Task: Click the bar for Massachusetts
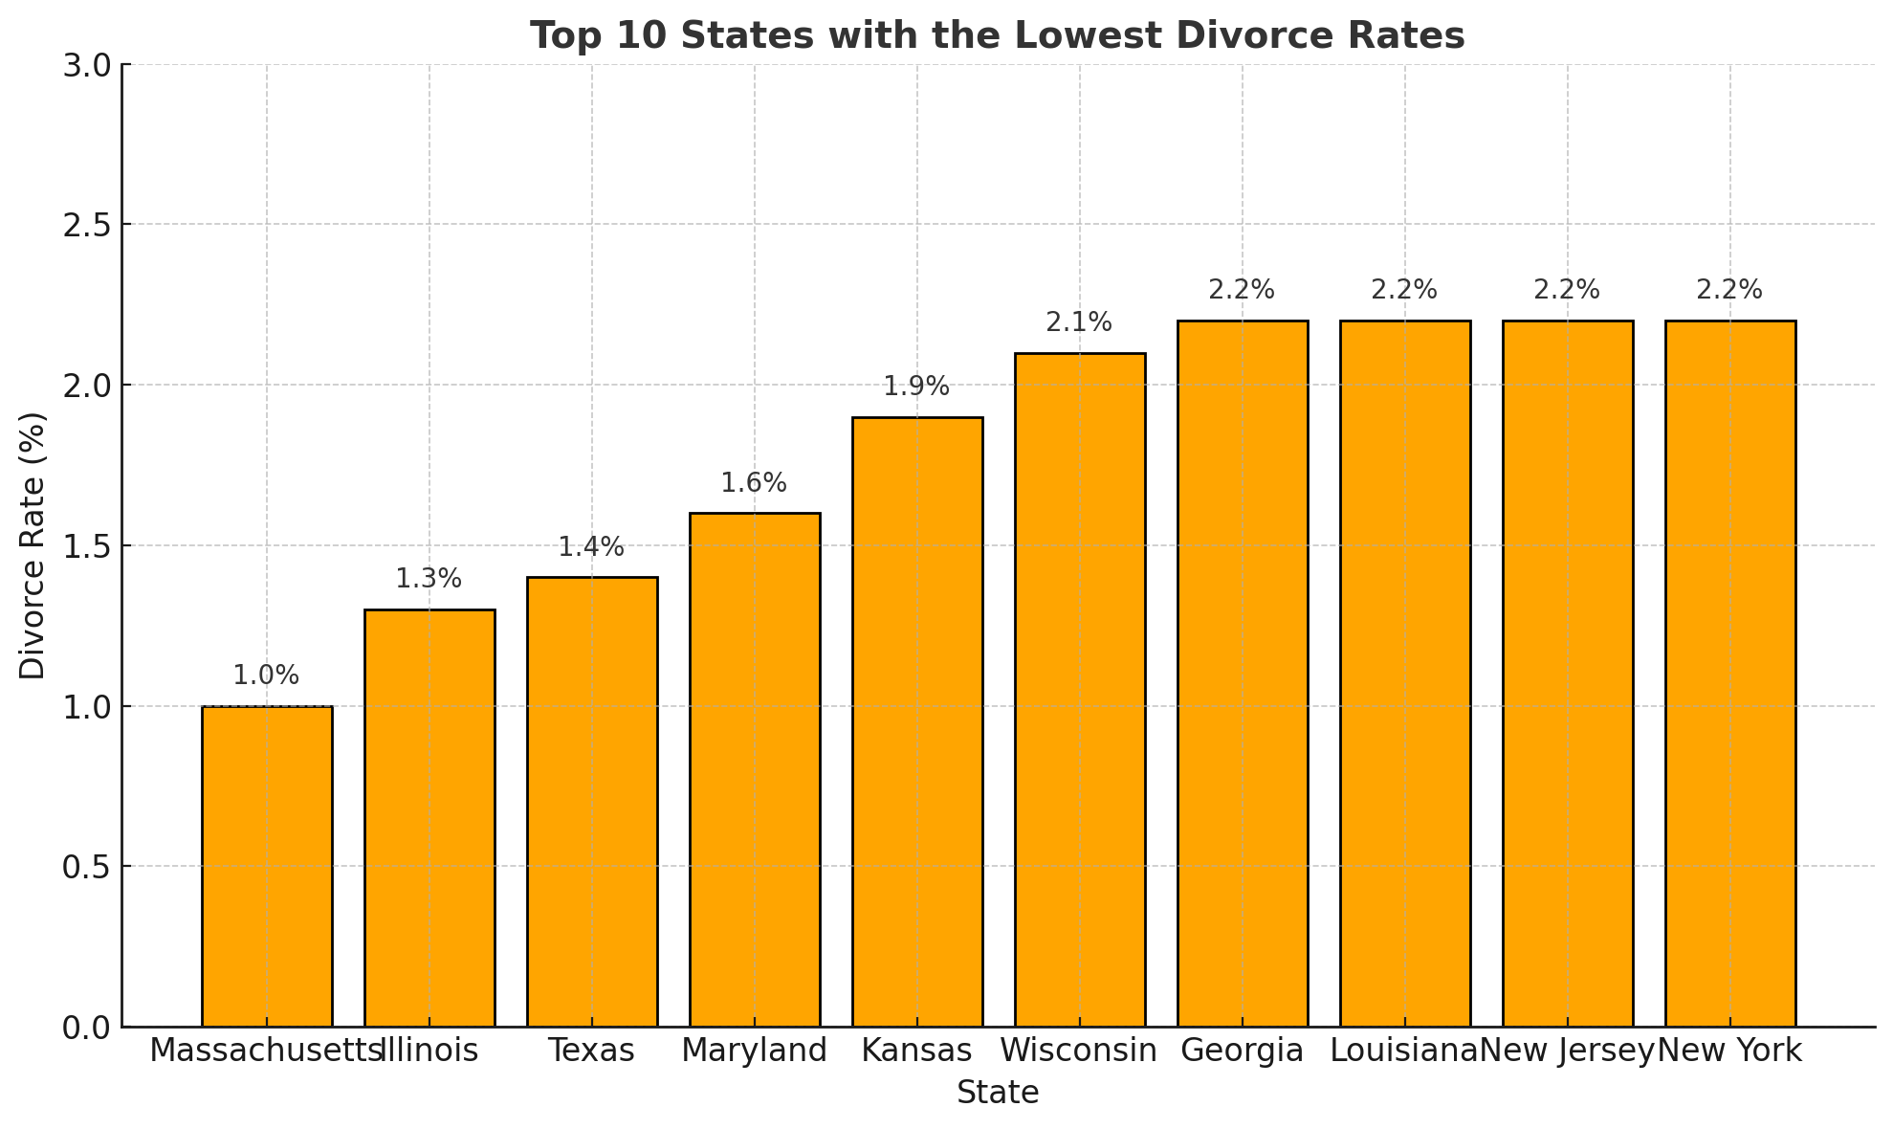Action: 267,866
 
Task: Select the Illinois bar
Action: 429,818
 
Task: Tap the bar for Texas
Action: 592,802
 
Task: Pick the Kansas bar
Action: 917,722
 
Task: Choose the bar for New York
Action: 1730,674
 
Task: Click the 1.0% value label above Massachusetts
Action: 267,675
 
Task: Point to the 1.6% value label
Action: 754,483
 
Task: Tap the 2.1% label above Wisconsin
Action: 1079,322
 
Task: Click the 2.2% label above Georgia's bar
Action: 1242,290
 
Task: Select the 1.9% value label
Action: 916,387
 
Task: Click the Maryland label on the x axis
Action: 754,1052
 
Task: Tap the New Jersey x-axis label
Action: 1567,1052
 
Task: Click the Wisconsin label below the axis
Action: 1079,1052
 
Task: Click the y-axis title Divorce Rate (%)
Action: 33,545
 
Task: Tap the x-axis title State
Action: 998,1093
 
